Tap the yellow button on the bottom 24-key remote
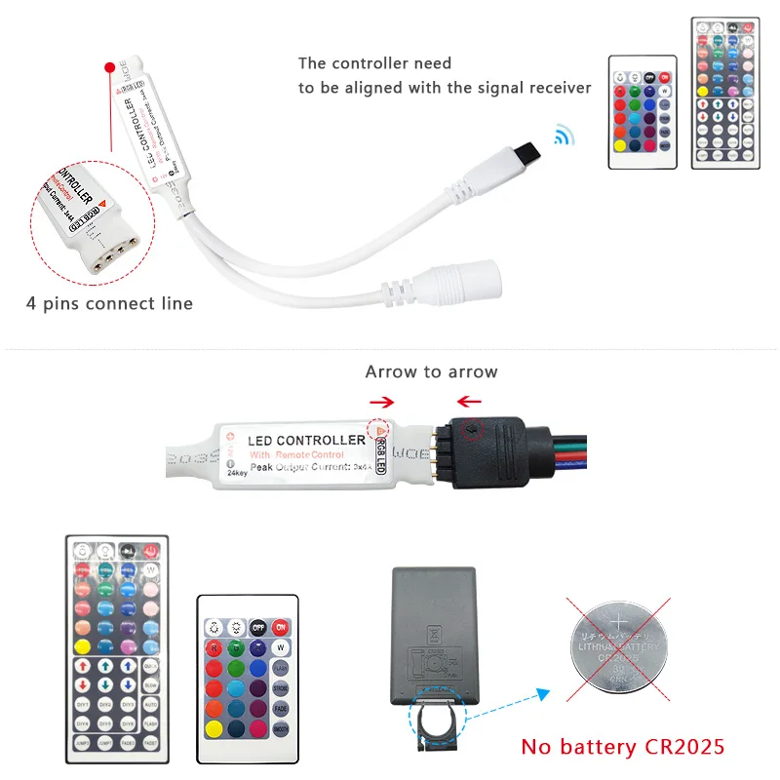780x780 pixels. pyautogui.click(x=214, y=728)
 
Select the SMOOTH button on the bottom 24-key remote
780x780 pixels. pyautogui.click(x=281, y=728)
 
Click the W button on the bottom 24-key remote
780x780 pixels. pyautogui.click(x=281, y=647)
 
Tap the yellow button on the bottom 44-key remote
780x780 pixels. pyautogui.click(x=83, y=645)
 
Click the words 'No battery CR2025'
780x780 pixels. pyautogui.click(x=622, y=747)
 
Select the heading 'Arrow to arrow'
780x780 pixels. pyautogui.click(x=431, y=371)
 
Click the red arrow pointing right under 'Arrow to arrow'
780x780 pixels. pyautogui.click(x=382, y=400)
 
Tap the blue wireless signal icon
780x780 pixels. pyautogui.click(x=564, y=135)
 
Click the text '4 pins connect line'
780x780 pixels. pyautogui.click(x=109, y=303)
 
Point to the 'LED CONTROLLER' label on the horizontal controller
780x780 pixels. pyautogui.click(x=306, y=441)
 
